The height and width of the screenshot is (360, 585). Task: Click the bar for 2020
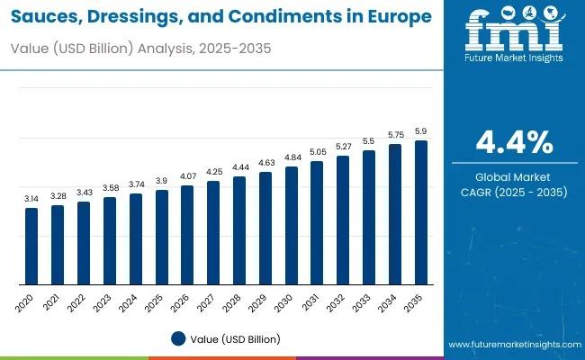tap(31, 246)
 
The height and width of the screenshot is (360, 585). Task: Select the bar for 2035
tap(420, 212)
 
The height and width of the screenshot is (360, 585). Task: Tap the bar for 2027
tap(213, 233)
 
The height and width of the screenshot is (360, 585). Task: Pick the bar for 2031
tap(317, 223)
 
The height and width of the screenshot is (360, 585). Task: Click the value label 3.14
tap(31, 199)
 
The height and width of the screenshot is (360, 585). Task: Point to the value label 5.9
tap(420, 131)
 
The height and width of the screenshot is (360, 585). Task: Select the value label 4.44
tap(239, 167)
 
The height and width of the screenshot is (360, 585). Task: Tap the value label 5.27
tap(343, 146)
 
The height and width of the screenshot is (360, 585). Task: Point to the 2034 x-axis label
tap(388, 301)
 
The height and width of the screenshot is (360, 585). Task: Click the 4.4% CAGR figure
tap(514, 142)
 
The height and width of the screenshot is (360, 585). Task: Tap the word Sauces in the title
tap(46, 17)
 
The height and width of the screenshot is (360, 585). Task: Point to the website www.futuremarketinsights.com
tap(512, 345)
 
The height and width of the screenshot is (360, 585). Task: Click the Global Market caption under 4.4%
tap(514, 177)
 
